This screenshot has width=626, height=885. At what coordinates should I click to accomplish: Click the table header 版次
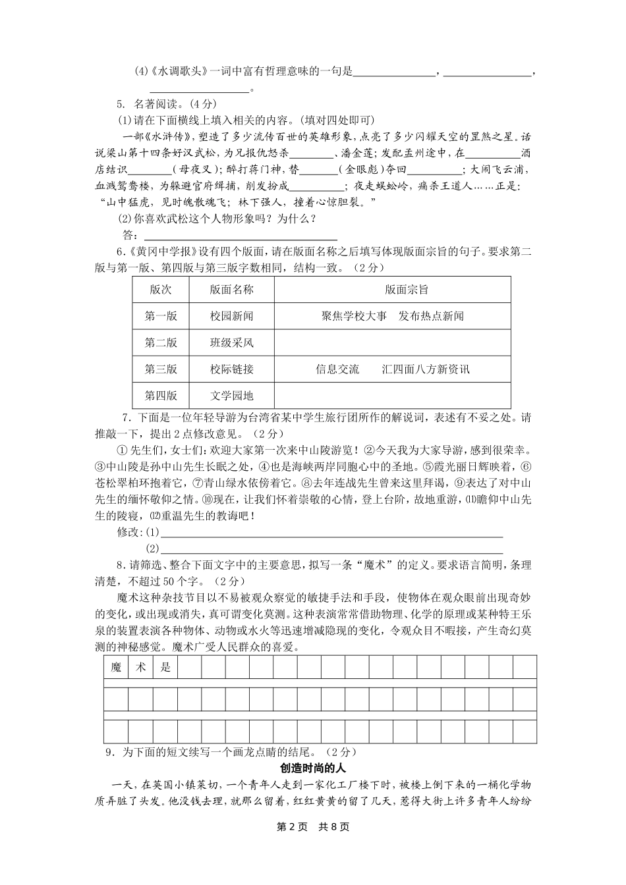[161, 289]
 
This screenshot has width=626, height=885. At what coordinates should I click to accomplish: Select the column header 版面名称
[231, 289]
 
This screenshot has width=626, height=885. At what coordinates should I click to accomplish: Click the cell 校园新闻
[231, 316]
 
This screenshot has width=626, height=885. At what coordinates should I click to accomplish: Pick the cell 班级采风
[231, 342]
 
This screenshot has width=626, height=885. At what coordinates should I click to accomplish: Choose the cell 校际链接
[231, 369]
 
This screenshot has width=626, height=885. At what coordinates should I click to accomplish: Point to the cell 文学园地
[231, 396]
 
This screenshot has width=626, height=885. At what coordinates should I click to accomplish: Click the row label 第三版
[161, 369]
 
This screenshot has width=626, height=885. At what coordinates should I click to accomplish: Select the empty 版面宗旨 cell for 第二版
[393, 342]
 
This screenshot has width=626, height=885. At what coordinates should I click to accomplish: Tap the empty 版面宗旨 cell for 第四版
[393, 396]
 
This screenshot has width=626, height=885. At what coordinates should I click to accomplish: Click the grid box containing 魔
[117, 667]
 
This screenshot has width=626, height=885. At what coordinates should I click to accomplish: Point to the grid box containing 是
[165, 667]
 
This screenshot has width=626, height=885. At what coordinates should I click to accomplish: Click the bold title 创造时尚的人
[312, 768]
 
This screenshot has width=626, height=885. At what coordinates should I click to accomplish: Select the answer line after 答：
[241, 236]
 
